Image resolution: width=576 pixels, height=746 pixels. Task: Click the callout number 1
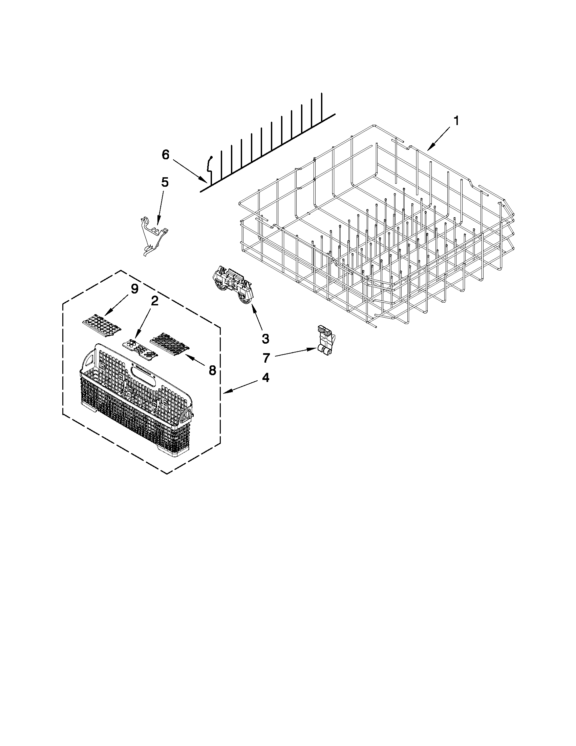point(456,121)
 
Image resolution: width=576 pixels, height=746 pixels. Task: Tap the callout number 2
point(154,301)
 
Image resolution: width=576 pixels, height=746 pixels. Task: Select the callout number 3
point(265,339)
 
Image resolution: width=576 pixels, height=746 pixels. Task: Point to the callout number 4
point(265,378)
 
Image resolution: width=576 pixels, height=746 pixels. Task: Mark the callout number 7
point(266,358)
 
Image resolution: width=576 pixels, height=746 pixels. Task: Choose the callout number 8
point(212,369)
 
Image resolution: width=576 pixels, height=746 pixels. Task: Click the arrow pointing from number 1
point(440,138)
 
